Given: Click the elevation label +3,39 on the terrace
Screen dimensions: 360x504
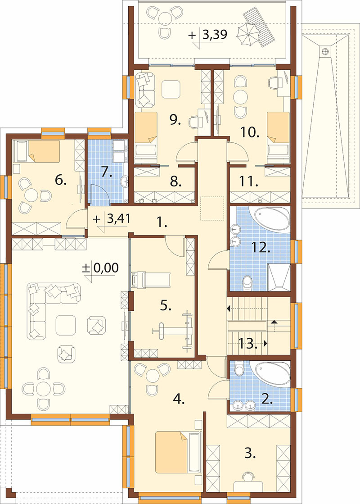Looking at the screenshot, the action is pyautogui.click(x=208, y=35).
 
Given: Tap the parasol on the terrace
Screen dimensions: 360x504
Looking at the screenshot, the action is pyautogui.click(x=248, y=33).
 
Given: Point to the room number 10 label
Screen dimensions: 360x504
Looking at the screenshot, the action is pyautogui.click(x=250, y=132).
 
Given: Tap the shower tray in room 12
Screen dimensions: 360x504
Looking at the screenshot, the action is pyautogui.click(x=279, y=277).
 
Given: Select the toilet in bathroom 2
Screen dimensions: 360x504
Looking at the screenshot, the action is pyautogui.click(x=239, y=368).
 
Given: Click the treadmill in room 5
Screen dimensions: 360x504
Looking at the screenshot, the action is pyautogui.click(x=150, y=279).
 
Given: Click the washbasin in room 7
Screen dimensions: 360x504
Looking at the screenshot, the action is pyautogui.click(x=124, y=182).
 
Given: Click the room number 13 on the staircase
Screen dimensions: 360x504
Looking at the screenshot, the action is pyautogui.click(x=248, y=345).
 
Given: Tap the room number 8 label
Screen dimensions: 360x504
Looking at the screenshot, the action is pyautogui.click(x=175, y=182).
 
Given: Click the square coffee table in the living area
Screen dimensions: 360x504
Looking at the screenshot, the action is pyautogui.click(x=66, y=325).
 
